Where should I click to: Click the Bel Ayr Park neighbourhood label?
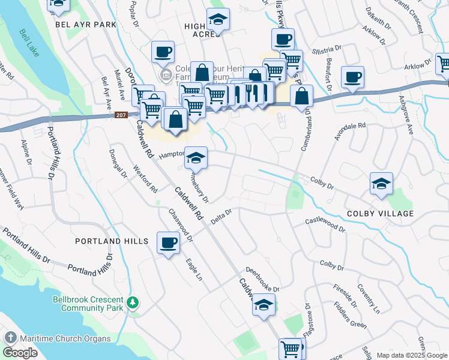tap(85, 25)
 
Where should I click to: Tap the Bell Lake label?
tap(29, 44)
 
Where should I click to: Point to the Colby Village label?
tap(379, 214)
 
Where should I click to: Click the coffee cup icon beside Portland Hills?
tap(168, 243)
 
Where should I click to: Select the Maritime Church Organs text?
tap(64, 338)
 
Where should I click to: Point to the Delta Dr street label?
tap(221, 217)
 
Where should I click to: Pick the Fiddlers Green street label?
tap(351, 317)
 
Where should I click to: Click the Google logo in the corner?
tap(20, 353)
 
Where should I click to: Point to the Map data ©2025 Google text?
tap(411, 355)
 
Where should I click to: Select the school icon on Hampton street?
tap(196, 158)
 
